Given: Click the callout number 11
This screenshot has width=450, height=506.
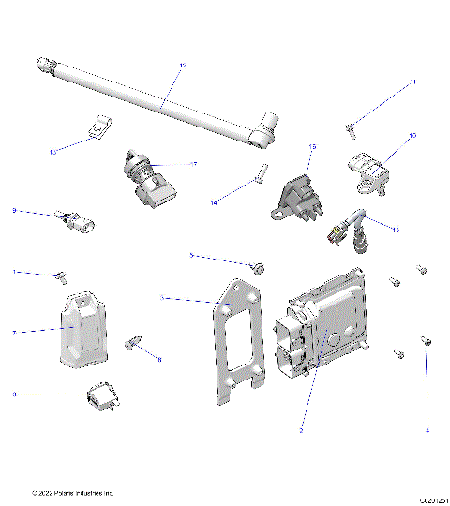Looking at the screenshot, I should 412,82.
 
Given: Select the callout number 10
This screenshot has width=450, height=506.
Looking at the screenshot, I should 412,136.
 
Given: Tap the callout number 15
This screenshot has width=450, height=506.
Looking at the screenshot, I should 312,147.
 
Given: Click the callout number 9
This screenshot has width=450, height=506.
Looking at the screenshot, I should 14,210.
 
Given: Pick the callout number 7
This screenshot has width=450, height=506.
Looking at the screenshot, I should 14,332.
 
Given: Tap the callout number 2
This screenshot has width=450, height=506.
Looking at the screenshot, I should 300,430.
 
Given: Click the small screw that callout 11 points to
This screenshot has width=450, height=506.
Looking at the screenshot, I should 350,127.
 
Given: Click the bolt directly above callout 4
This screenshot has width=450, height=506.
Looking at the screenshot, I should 427,343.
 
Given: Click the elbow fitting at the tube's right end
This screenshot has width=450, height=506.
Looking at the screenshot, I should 265,132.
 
